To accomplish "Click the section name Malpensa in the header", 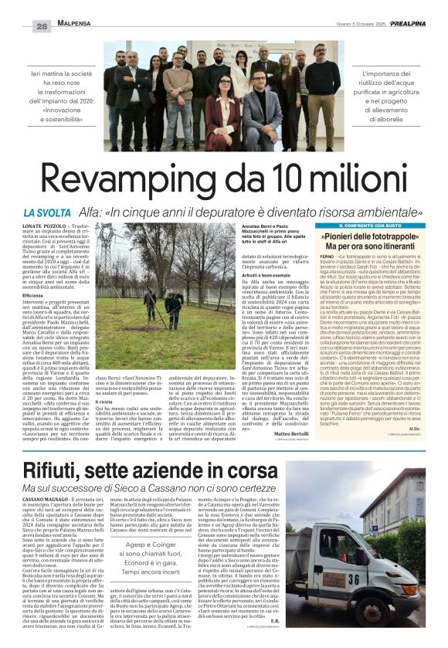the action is pyautogui.click(x=74, y=25).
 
